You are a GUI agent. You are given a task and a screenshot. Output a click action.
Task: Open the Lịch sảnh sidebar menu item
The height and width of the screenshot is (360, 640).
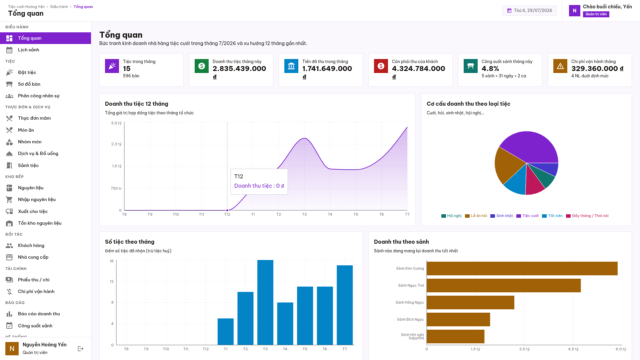click(x=29, y=50)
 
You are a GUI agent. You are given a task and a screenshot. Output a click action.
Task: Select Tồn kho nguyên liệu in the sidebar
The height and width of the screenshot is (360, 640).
click(x=40, y=223)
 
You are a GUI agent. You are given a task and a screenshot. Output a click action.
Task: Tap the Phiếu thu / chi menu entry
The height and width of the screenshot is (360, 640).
click(x=34, y=280)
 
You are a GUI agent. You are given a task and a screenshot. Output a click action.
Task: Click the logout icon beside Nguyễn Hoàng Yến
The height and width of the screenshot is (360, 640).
click(x=81, y=349)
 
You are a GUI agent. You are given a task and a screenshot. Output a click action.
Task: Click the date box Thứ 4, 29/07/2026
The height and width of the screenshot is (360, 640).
click(x=529, y=11)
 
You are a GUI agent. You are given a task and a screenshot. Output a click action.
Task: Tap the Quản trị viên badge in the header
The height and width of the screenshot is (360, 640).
click(x=596, y=14)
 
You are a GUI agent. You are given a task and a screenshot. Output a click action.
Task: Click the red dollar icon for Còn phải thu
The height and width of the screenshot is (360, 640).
click(x=381, y=66)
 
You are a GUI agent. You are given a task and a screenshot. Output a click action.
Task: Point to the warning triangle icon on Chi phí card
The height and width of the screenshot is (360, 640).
click(x=560, y=66)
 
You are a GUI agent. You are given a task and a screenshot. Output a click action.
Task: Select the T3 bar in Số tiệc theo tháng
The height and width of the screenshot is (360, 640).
click(x=265, y=302)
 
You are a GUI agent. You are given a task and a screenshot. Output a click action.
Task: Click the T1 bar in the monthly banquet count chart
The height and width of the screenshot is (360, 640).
click(x=226, y=332)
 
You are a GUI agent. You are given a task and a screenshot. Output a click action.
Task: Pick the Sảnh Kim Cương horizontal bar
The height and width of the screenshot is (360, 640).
click(x=522, y=269)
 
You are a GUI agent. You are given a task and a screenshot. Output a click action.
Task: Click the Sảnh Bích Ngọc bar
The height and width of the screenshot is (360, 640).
click(x=458, y=320)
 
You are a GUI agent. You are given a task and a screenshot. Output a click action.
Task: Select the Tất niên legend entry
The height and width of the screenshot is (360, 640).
click(x=552, y=216)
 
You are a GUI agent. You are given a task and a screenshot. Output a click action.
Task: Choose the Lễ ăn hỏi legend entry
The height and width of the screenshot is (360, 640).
click(x=476, y=216)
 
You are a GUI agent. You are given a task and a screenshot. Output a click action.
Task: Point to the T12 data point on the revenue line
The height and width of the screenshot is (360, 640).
click(x=227, y=210)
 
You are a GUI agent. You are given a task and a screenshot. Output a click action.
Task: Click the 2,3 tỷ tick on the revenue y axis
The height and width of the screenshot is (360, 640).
click(x=116, y=144)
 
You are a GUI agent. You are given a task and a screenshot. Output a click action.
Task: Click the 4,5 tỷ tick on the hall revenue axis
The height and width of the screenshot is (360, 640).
click(x=573, y=349)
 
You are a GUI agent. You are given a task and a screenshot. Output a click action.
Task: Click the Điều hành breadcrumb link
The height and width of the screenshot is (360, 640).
click(x=59, y=7)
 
